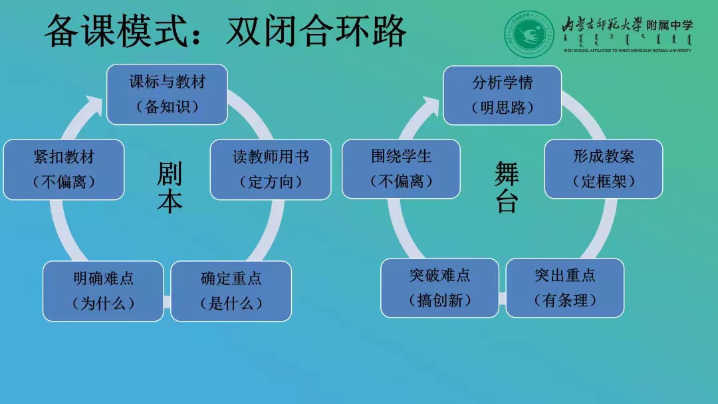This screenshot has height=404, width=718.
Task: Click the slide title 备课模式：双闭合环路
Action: [x=225, y=32]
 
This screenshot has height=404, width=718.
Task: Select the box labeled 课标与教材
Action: [x=167, y=94]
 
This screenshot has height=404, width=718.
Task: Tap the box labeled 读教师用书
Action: [x=271, y=169]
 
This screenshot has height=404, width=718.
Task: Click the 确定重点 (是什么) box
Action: [x=231, y=291]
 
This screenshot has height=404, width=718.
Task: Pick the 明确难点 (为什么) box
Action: [x=103, y=291]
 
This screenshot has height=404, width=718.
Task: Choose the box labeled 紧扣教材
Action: [x=64, y=169]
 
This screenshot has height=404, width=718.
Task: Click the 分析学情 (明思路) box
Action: [x=502, y=95]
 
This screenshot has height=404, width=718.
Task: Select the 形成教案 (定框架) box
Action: [x=603, y=169]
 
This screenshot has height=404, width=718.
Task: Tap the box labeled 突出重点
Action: [x=564, y=288]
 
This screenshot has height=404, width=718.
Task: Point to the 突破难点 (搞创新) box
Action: [x=439, y=288]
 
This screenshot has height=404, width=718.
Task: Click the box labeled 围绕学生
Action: [x=401, y=169]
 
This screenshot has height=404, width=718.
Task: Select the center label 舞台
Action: [x=507, y=188]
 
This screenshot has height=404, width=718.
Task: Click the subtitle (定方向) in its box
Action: [x=271, y=181]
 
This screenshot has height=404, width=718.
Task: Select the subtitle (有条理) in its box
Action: [x=564, y=300]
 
